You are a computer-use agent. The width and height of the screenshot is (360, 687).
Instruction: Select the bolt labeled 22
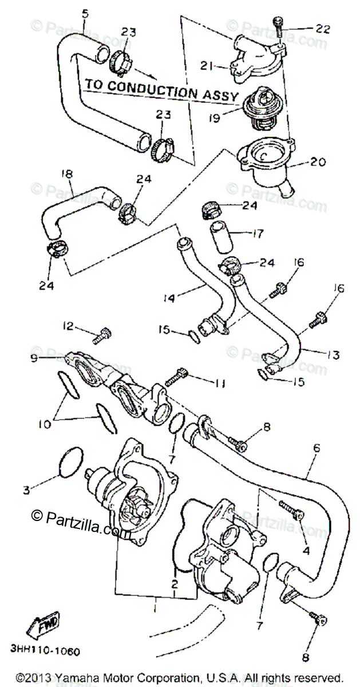[x=278, y=25]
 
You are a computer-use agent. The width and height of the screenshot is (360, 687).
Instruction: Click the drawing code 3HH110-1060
[x=45, y=652]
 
